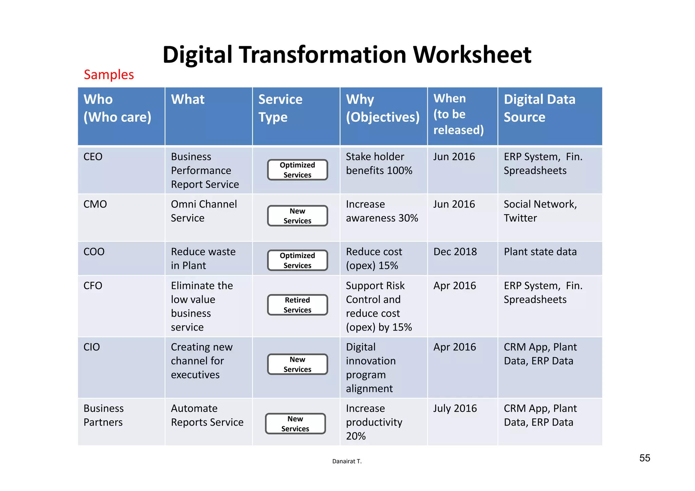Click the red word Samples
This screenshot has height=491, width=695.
tap(109, 75)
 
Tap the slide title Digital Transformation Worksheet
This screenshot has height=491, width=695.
tap(347, 55)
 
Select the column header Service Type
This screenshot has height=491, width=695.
tap(280, 108)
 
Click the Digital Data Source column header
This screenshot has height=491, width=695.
tap(540, 108)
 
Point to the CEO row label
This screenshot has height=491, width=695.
tap(93, 157)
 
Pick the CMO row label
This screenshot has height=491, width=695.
tap(95, 204)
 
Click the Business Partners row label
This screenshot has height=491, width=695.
tap(104, 415)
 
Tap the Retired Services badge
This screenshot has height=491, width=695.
tap(297, 305)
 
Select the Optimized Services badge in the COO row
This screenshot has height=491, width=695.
tap(297, 260)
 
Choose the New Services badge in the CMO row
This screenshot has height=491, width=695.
tap(297, 216)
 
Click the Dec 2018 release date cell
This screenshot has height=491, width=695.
tap(455, 252)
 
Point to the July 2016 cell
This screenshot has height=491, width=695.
tap(455, 408)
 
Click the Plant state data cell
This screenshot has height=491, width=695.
tap(540, 252)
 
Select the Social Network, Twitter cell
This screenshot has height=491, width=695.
tap(540, 211)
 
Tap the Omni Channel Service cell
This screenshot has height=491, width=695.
tap(204, 211)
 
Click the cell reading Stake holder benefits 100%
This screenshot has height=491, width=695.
tap(379, 163)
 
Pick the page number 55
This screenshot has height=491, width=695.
tap(645, 458)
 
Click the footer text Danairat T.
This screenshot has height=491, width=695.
tap(347, 461)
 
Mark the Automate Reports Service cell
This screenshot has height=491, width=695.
tap(207, 415)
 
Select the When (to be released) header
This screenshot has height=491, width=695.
tap(458, 114)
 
